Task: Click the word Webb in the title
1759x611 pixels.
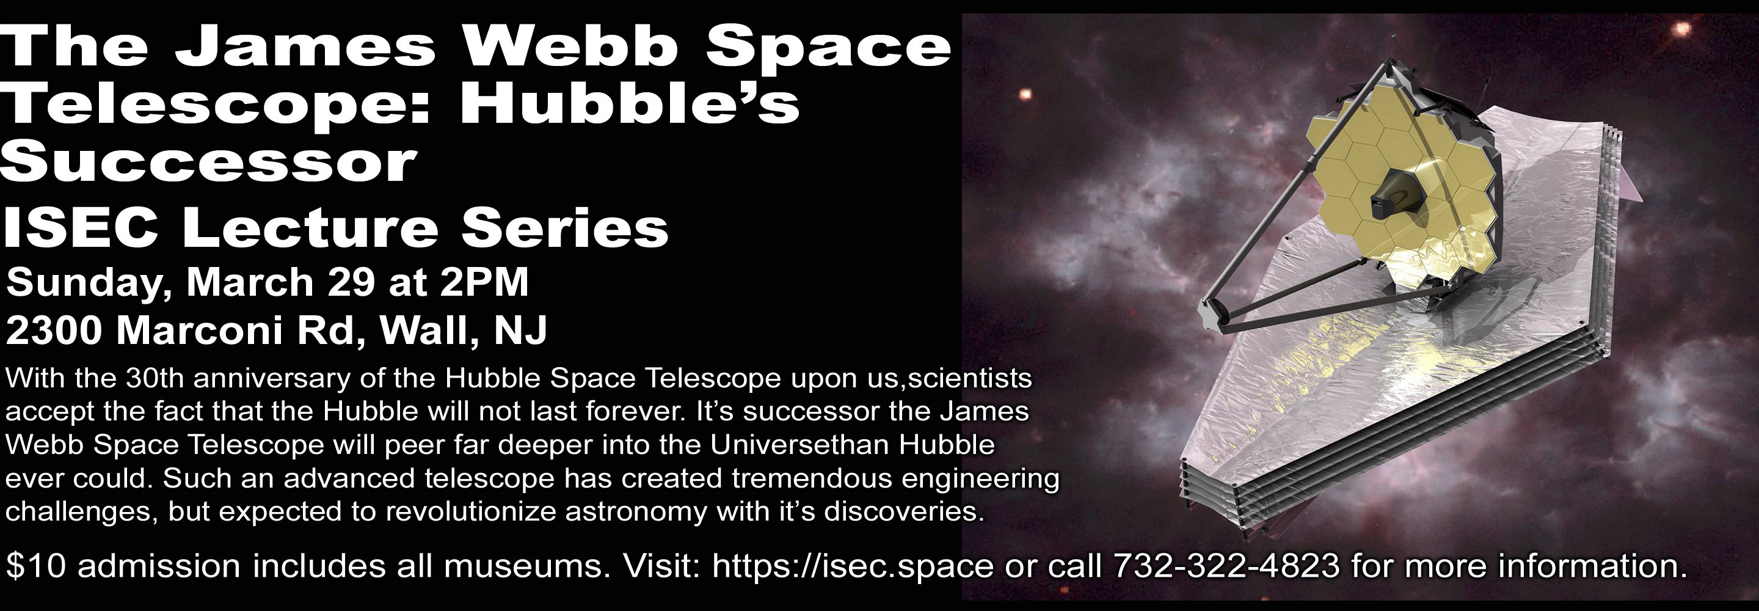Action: (577, 47)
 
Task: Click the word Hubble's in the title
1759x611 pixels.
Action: (629, 104)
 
